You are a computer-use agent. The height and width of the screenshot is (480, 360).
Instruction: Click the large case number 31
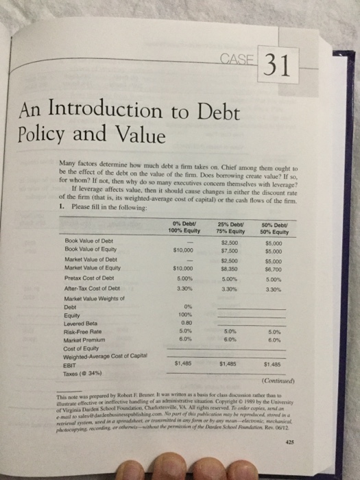274,66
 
